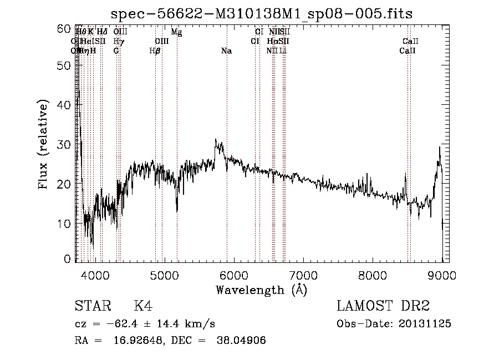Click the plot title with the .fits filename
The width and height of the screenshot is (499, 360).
(262, 14)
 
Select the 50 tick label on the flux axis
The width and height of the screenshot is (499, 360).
(65, 65)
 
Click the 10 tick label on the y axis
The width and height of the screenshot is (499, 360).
(65, 224)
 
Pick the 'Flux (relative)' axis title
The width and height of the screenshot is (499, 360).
(44, 145)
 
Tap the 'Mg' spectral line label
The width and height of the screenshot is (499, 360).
(176, 32)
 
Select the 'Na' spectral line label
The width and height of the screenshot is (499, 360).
(226, 51)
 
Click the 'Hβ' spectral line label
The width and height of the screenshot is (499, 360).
(155, 51)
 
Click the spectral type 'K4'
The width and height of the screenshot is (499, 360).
(143, 306)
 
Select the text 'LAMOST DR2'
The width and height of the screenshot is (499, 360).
(383, 306)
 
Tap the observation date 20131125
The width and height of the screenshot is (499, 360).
(425, 324)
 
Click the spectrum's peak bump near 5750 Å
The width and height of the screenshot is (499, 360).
(216, 142)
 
